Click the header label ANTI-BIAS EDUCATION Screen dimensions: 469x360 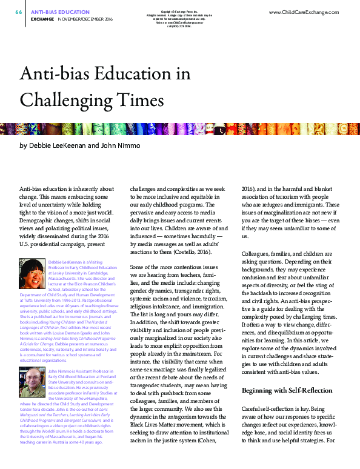pyautogui.click(x=57, y=12)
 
